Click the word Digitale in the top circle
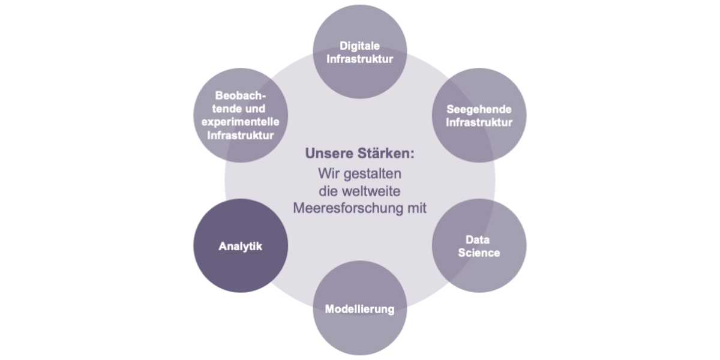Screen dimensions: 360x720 coord(360,46)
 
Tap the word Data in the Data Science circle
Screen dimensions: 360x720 coord(478,240)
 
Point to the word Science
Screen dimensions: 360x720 coord(479,253)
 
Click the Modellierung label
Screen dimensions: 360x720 coord(359,310)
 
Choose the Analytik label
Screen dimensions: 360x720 coord(240,246)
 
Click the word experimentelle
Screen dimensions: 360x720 coord(240,122)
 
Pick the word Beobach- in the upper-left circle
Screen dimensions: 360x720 coord(240,96)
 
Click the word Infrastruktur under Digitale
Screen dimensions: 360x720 coord(360,59)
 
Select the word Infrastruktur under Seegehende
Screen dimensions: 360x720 coord(479,123)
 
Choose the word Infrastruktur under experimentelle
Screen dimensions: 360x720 coord(240,136)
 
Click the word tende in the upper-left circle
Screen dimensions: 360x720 coord(225,109)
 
